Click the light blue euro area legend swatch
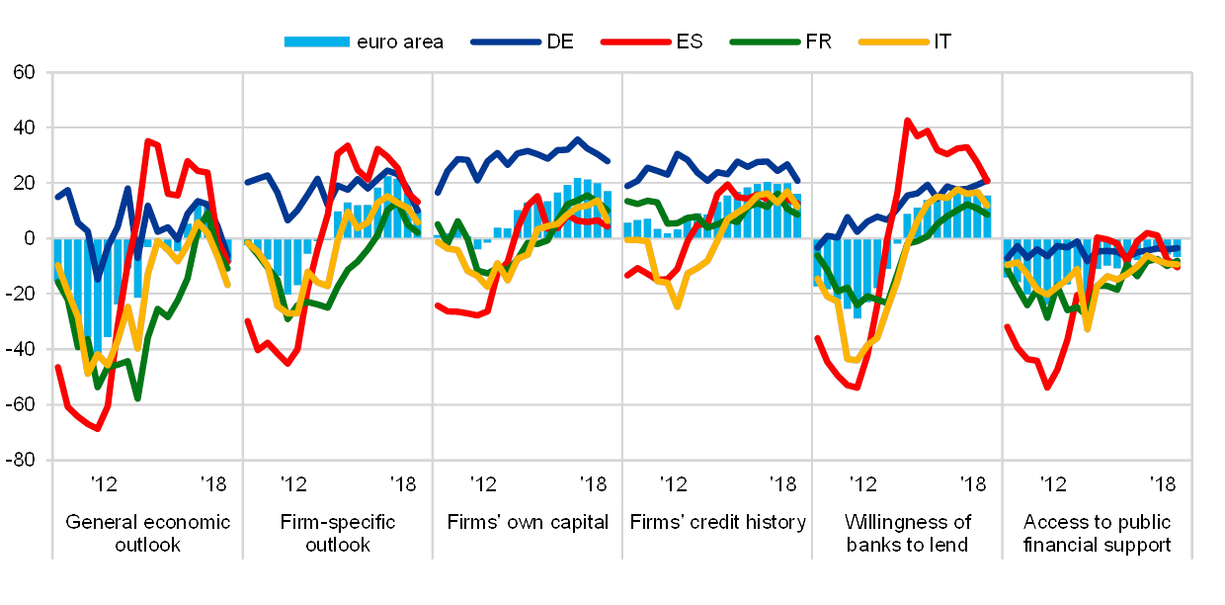click(316, 42)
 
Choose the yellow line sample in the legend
click(893, 42)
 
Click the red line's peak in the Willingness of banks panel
click(907, 120)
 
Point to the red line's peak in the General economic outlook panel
click(147, 140)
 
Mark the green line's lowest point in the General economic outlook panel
click(136, 398)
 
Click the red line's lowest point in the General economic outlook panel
click(97, 429)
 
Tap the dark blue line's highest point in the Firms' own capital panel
click(578, 138)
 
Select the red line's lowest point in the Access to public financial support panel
click(1047, 389)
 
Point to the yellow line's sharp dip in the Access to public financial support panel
click(1088, 328)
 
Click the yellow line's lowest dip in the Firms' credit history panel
click(678, 306)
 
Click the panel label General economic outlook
click(147, 532)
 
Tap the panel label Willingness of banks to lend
click(907, 532)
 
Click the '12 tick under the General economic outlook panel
click(103, 483)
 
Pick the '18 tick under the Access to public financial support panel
click(1165, 483)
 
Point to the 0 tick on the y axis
click(30, 238)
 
